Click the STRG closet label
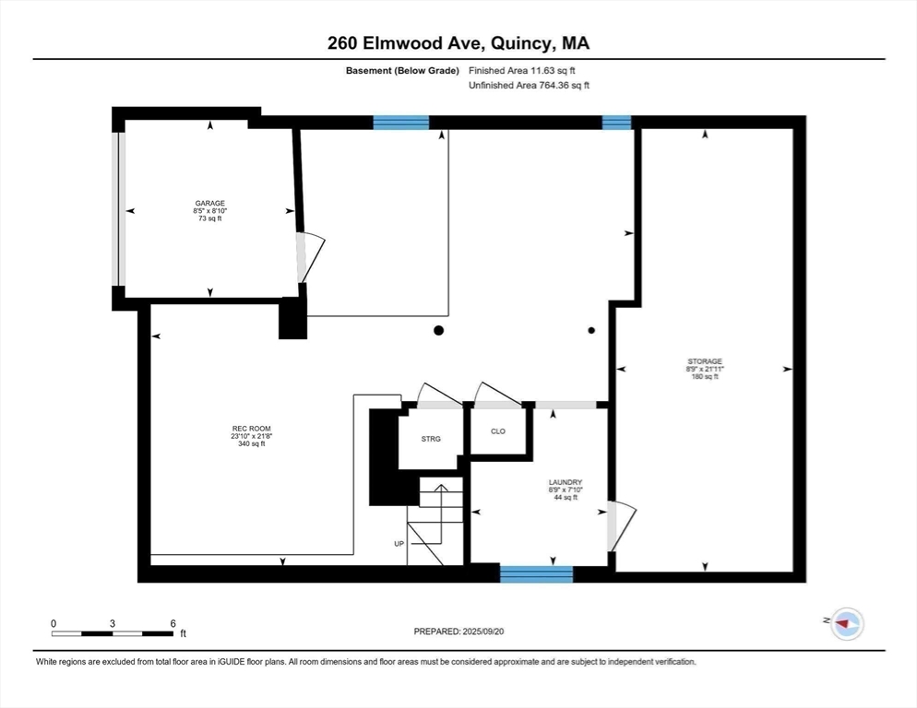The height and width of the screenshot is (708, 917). coord(431,439)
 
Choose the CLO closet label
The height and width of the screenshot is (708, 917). coord(498,431)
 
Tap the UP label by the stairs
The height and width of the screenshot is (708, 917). coord(399,544)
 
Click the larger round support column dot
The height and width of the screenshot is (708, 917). coord(439,330)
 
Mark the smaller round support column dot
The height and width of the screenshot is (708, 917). coord(591,330)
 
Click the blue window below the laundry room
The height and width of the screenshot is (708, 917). coord(536,574)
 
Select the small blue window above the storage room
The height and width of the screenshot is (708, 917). coord(616,123)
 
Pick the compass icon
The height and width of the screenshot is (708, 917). coord(845,624)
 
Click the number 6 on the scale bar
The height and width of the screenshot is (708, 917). coord(173,623)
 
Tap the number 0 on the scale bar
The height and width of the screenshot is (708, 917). coord(54,623)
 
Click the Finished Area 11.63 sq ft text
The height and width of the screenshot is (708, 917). coord(527,70)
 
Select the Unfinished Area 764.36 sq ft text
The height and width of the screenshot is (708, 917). coord(529,85)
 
